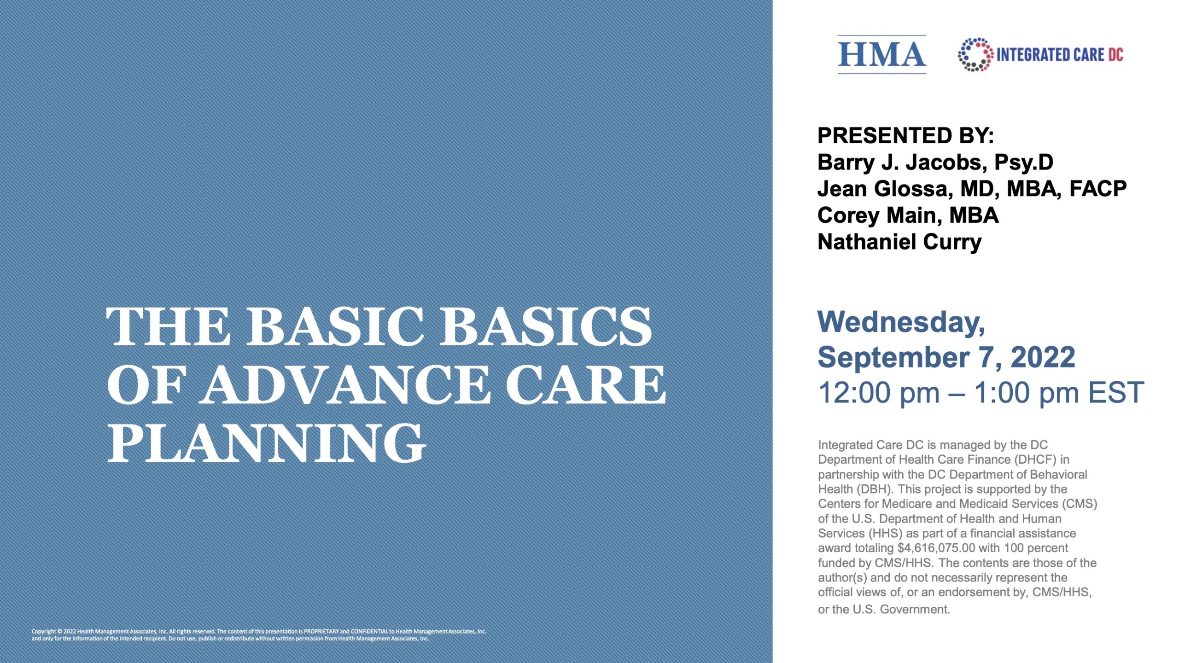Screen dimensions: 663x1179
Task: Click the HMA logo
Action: [881, 55]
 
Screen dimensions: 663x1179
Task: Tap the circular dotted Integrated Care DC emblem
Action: [975, 55]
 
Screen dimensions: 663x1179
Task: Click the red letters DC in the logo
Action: [1115, 55]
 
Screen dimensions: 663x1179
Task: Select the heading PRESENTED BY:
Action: [905, 136]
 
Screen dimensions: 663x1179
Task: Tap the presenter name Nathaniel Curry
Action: [899, 242]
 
